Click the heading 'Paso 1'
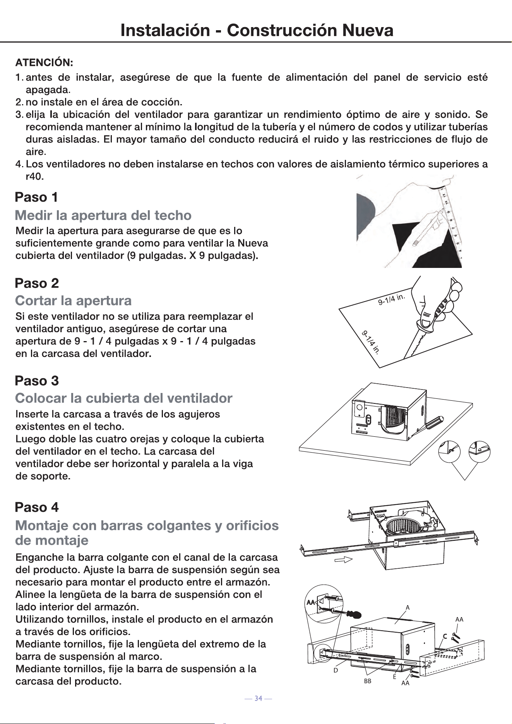pos(36,197)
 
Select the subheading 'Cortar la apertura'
pos(73,300)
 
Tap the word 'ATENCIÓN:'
pos(44,62)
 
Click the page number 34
pos(259,698)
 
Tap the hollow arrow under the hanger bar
pos(344,559)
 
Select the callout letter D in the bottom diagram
pos(336,670)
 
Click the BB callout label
pos(368,681)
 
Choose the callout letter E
pos(394,677)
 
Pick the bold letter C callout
pos(445,637)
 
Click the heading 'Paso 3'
pos(37,381)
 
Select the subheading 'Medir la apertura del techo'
pos(103,215)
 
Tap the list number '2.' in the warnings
pos(19,103)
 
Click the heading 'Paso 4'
pos(37,507)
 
